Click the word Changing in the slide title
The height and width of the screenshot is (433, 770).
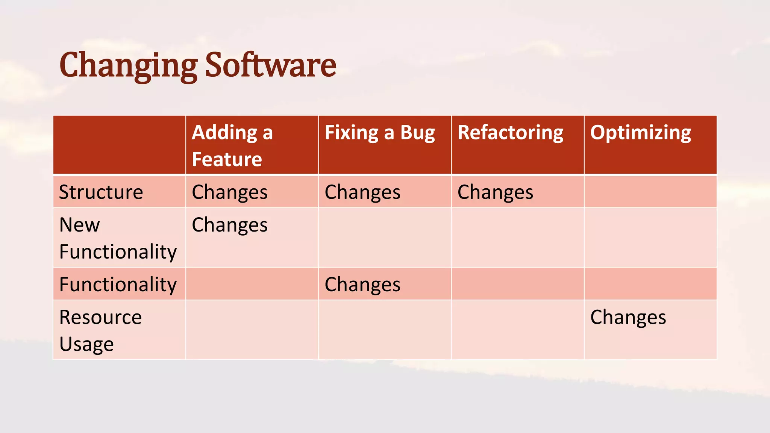point(128,66)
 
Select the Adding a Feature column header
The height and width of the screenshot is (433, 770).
point(232,145)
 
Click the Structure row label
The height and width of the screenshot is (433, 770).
point(101,192)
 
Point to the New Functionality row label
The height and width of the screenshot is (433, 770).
point(118,238)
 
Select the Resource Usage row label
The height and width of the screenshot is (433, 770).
point(100,330)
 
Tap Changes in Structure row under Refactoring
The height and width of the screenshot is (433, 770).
point(495,192)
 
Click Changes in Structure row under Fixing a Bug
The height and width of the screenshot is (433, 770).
point(362,192)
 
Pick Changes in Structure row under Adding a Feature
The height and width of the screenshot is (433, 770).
point(230,192)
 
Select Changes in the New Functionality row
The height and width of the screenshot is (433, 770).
point(230,225)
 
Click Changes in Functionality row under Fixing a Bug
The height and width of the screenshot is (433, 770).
point(362,285)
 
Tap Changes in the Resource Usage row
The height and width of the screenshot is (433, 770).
point(628,318)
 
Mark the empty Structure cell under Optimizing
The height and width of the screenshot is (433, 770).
point(650,192)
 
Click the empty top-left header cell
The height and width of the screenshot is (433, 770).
point(119,145)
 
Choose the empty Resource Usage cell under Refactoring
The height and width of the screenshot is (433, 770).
point(517,330)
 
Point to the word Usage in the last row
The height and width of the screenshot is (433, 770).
point(86,344)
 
